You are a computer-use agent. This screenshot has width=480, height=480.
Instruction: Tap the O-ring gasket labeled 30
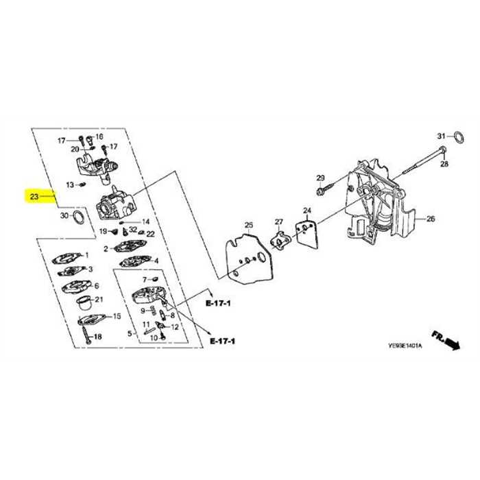pos(79,218)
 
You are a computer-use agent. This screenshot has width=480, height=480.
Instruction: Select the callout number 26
pos(431,219)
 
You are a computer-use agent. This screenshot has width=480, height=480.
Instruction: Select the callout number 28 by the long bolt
pos(444,165)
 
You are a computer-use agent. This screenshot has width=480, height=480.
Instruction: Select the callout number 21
pos(99,300)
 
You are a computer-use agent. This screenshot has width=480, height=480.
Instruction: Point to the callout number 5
pos(130,334)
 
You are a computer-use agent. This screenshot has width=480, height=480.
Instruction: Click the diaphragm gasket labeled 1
pos(67,259)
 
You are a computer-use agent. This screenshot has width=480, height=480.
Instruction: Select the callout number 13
pos(70,184)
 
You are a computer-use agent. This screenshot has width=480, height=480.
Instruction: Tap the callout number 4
pos(156,261)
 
